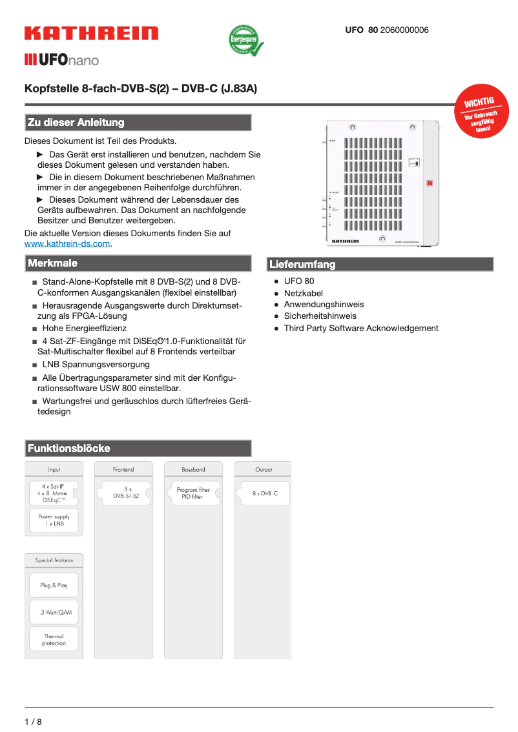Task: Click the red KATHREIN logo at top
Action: pyautogui.click(x=91, y=34)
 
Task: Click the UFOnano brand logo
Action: pyautogui.click(x=61, y=60)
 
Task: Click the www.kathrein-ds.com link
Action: pyautogui.click(x=67, y=244)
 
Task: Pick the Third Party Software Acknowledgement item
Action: pyautogui.click(x=361, y=329)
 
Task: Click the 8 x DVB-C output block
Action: pyautogui.click(x=265, y=493)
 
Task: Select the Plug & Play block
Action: pyautogui.click(x=54, y=585)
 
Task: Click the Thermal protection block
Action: pyautogui.click(x=54, y=639)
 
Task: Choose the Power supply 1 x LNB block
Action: pyautogui.click(x=54, y=520)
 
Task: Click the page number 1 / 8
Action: pyautogui.click(x=33, y=722)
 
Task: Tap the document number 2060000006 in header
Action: pyautogui.click(x=404, y=30)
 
